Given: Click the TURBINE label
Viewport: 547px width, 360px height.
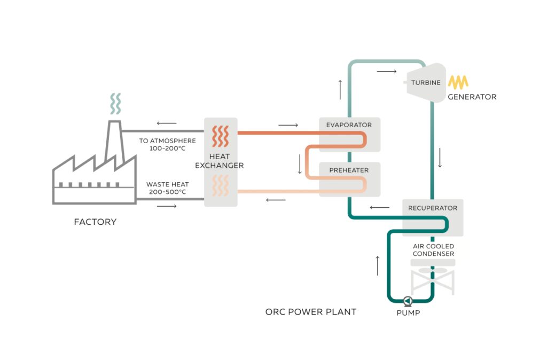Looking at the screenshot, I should pos(426,83).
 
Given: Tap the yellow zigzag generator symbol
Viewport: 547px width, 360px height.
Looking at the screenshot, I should pos(458,82).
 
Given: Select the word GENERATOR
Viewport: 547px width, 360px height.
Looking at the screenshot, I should pos(472,97).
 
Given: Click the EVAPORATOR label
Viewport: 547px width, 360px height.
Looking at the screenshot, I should pos(349,125).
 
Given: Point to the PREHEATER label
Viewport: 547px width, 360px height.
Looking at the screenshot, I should pos(349,170).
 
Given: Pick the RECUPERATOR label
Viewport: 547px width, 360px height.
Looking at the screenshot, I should pos(433,208).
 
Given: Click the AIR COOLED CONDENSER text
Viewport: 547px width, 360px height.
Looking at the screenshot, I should pos(433,250).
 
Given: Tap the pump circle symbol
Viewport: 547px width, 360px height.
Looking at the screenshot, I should pos(408,301).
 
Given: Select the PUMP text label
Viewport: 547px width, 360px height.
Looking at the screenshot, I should pos(408,313).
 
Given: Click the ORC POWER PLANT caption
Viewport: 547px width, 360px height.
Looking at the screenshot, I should pos(310,311).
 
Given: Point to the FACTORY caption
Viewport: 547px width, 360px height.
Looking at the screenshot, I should pos(95,222).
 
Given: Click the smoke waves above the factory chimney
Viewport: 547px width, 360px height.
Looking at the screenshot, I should pos(115,104).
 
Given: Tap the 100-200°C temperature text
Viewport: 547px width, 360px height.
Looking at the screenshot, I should pos(167,148).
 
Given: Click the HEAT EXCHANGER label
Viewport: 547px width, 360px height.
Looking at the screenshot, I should pos(219,161).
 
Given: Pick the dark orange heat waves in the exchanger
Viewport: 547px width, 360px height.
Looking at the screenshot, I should pos(220,136).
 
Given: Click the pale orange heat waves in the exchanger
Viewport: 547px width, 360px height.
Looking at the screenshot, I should pos(220,186).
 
